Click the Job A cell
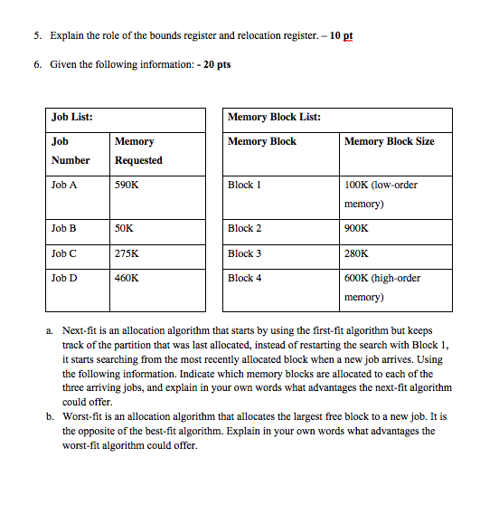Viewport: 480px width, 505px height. (64, 185)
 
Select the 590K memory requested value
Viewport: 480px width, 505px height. (127, 185)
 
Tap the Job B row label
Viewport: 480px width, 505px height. (64, 229)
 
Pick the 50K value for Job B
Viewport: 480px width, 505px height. (124, 229)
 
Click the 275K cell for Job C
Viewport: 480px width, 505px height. (127, 253)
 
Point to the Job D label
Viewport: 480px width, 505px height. (64, 278)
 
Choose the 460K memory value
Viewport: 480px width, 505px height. (127, 278)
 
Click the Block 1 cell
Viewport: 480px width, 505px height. (245, 185)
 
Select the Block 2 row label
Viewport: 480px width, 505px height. (245, 229)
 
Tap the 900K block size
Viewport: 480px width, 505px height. (357, 229)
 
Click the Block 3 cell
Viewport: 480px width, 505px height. (245, 253)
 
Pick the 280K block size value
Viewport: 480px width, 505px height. (357, 253)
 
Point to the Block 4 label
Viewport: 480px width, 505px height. (245, 278)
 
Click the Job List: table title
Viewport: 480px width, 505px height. (72, 117)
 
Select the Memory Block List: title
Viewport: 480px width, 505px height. (275, 117)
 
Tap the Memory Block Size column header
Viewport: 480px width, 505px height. (390, 141)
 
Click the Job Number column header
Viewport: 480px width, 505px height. (71, 150)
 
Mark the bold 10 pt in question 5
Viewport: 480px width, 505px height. (342, 36)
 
